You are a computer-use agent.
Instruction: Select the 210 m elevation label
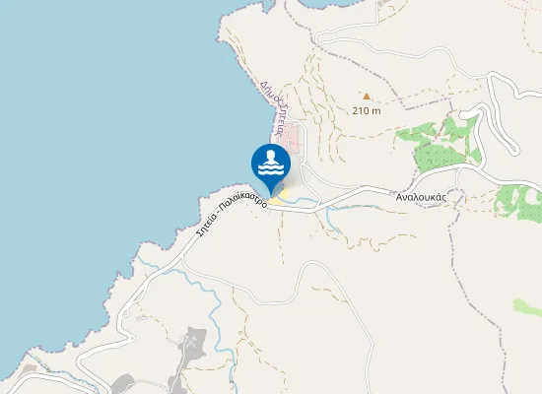pyautogui.click(x=366, y=111)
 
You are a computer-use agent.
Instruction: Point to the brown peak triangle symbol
pyautogui.click(x=366, y=97)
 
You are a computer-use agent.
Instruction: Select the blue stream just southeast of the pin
pyautogui.click(x=305, y=205)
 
